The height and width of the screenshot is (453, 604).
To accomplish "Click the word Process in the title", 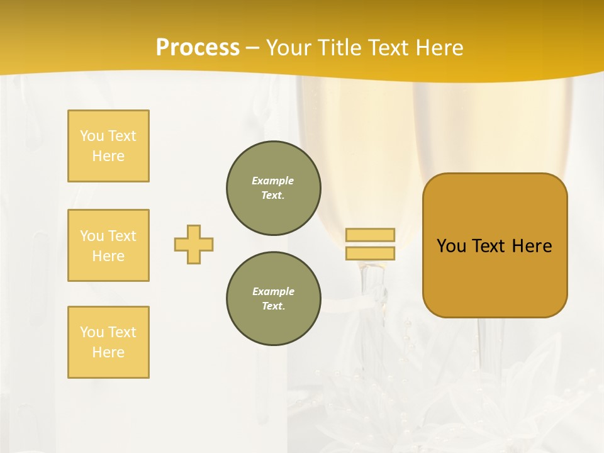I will point(198,48).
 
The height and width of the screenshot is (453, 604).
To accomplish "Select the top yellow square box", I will point(108,146).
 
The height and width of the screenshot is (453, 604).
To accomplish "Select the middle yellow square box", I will point(108,245).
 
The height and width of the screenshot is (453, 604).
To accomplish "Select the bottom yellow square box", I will point(108,342).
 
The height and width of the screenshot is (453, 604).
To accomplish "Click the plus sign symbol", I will point(194,244).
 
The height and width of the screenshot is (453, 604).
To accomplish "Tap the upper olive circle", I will point(273,188).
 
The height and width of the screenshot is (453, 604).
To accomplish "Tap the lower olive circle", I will point(273,299).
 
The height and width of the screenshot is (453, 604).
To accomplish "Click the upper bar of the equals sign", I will point(370,235).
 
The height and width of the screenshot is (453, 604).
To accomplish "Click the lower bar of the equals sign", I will point(370,253).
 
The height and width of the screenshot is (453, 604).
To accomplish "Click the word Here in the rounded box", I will point(532,246).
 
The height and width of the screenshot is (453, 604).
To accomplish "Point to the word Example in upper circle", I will point(273,181).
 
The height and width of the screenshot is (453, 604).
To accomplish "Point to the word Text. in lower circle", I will point(273,306).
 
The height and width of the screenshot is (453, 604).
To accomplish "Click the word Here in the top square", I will point(108,156).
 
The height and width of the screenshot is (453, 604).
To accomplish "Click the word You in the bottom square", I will point(92,332).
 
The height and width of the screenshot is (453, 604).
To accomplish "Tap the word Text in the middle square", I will point(122,236).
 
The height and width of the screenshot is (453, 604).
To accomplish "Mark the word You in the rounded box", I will point(451,246).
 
